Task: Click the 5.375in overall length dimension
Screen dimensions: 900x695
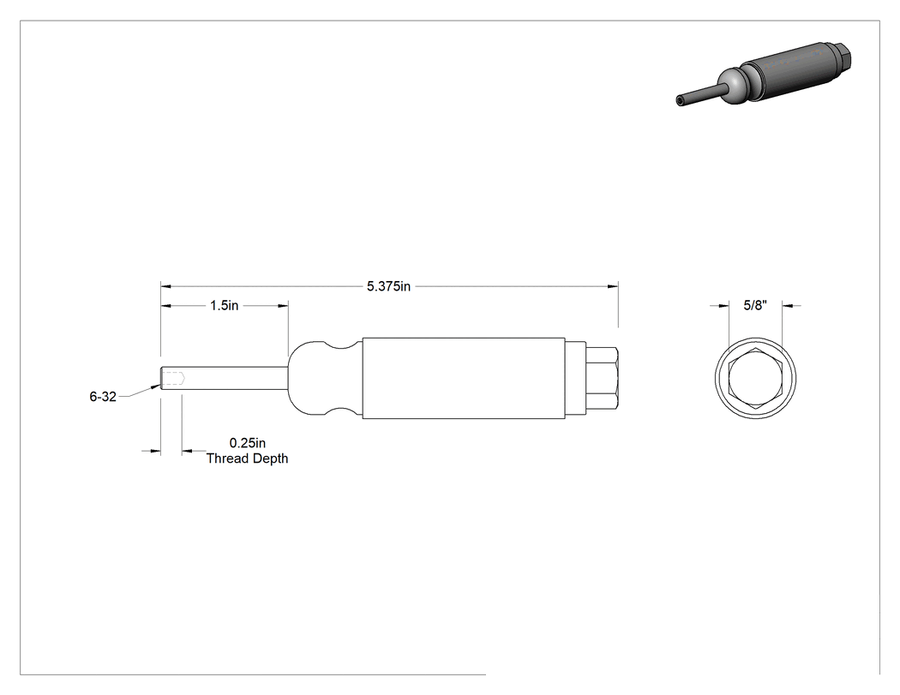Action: click(388, 286)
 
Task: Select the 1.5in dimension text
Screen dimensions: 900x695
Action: click(224, 305)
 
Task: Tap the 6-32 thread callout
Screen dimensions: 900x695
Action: click(103, 396)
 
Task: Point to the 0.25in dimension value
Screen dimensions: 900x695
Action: click(248, 443)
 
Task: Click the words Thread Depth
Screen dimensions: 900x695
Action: click(248, 458)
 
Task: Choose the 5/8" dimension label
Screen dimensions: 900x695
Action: click(755, 305)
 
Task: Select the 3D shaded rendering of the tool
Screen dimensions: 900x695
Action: click(764, 74)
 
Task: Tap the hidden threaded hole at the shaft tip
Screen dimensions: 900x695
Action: click(173, 378)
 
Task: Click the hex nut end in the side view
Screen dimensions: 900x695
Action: click(602, 378)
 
